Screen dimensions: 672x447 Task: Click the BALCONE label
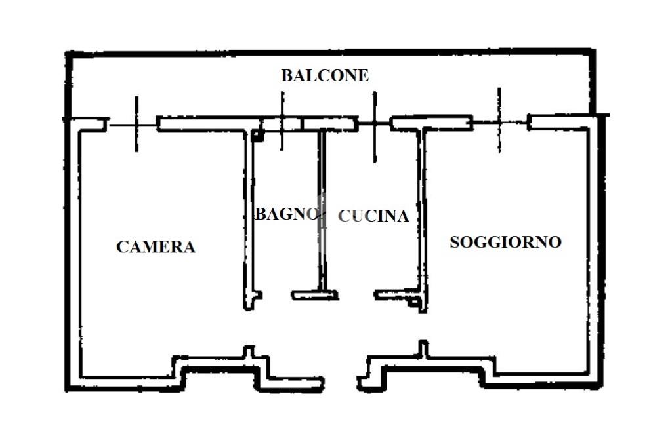tap(325, 75)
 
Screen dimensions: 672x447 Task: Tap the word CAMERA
tap(156, 246)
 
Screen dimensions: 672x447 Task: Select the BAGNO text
tap(287, 214)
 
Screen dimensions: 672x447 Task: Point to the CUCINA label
tap(373, 216)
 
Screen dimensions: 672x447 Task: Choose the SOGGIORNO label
tap(506, 242)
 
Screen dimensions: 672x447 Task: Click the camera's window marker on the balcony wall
tap(136, 124)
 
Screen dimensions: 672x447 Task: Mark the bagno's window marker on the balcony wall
tap(282, 121)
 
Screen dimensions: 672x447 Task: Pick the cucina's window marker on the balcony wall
tap(375, 126)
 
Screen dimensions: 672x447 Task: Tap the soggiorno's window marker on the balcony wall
tap(499, 121)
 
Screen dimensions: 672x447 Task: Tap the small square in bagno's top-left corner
tap(256, 136)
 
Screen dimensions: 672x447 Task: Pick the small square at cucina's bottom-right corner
tap(415, 302)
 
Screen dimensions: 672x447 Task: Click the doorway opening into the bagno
tap(276, 296)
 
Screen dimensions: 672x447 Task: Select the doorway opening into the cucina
tap(356, 295)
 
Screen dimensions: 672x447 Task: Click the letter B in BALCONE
tap(287, 75)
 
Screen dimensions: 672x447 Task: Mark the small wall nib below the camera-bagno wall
tap(249, 352)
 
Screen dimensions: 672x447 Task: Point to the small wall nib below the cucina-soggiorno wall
tap(423, 349)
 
